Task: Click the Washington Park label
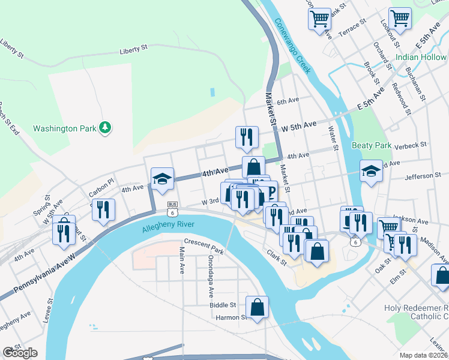pyautogui.click(x=64, y=128)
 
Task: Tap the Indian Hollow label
pyautogui.click(x=421, y=58)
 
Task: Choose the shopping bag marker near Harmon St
pyautogui.click(x=257, y=308)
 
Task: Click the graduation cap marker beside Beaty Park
pyautogui.click(x=371, y=172)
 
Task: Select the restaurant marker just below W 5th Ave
pyautogui.click(x=247, y=137)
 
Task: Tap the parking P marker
pyautogui.click(x=268, y=193)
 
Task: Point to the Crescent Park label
pyautogui.click(x=203, y=246)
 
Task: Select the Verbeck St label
pyautogui.click(x=411, y=145)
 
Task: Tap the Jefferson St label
pyautogui.click(x=423, y=176)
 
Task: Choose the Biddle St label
pyautogui.click(x=223, y=305)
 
